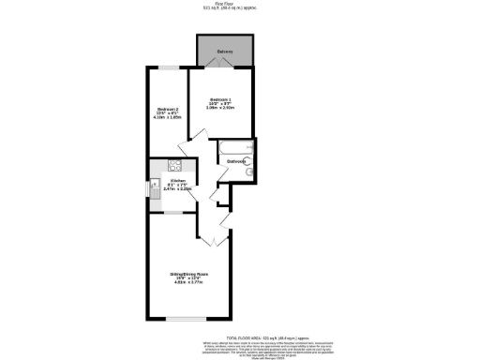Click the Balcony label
pos(224,51)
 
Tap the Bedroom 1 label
pos(221,100)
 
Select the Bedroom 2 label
pos(167,111)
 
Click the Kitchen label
pos(177,180)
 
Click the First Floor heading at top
pos(239,4)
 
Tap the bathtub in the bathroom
pos(235,147)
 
